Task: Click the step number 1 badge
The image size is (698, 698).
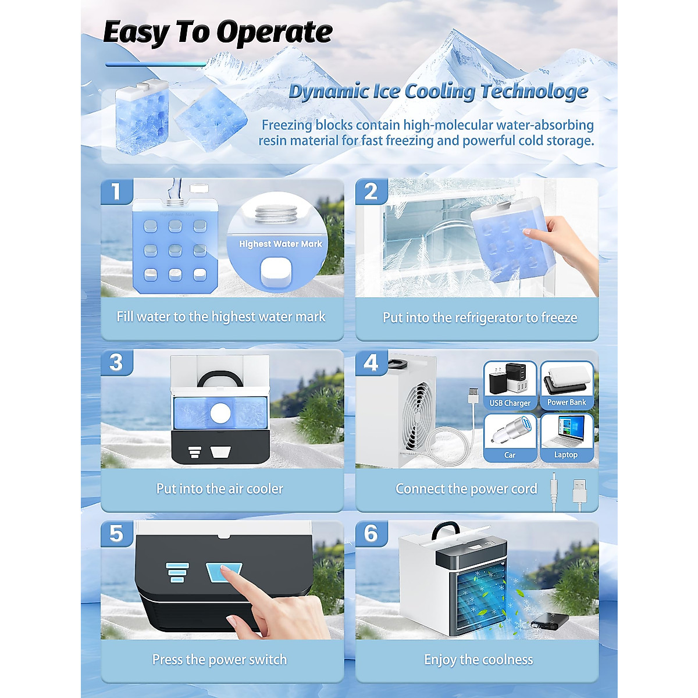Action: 116,191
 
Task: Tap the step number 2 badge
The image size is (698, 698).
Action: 371,191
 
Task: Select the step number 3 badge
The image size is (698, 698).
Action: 116,362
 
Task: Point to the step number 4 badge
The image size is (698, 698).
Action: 371,362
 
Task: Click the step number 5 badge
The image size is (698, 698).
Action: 116,533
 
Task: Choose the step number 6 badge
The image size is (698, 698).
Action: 371,533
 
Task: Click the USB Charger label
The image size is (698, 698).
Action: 510,403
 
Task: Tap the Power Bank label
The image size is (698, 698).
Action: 567,402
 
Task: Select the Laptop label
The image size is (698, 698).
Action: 566,455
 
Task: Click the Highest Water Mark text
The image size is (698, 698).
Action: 280,244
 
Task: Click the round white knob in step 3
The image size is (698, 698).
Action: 220,414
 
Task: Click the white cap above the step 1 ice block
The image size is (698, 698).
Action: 199,188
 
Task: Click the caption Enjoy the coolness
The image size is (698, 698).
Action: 478,660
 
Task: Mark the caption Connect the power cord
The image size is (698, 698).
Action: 466,489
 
